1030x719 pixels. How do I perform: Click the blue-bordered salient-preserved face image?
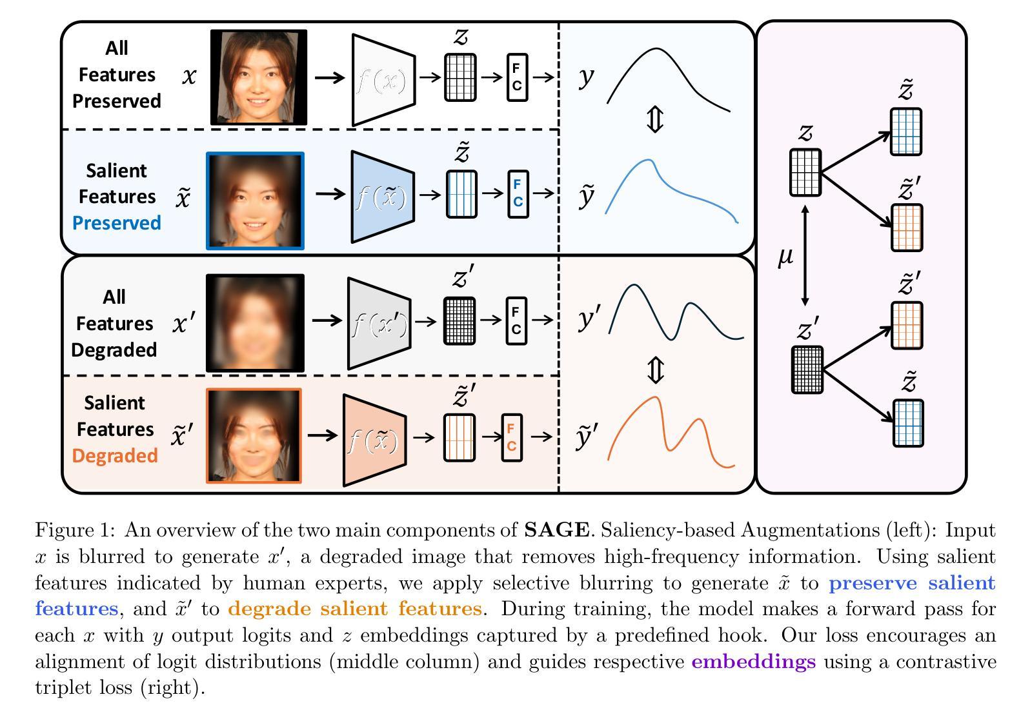point(255,201)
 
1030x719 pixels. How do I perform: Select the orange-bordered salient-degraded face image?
point(254,435)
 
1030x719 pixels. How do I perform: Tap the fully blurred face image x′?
point(255,323)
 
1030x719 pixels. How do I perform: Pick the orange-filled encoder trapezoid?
point(374,440)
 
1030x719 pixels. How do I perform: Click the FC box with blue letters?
point(518,193)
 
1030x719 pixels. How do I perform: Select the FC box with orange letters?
point(512,437)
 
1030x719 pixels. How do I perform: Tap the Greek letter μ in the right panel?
point(785,257)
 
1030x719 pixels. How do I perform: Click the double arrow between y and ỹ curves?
point(655,120)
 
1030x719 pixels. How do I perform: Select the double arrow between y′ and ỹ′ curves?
point(655,370)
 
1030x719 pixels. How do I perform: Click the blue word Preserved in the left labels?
point(116,223)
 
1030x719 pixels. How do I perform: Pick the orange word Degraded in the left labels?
point(115,456)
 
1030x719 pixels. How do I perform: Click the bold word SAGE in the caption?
point(556,531)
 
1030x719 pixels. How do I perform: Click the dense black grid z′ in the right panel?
point(807,369)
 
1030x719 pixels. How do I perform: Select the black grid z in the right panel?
point(805,172)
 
